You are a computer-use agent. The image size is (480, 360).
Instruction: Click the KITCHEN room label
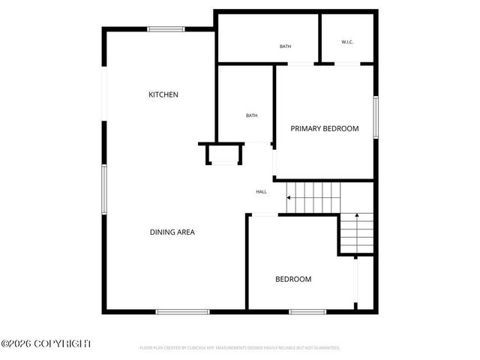[163, 94]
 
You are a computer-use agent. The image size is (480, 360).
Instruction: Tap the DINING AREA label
[172, 232]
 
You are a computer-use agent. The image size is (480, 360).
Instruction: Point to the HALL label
[261, 192]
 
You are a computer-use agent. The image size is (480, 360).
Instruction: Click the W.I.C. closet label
[347, 42]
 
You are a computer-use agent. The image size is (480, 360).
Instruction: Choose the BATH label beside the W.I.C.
[285, 46]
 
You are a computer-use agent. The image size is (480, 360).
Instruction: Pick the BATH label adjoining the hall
[252, 115]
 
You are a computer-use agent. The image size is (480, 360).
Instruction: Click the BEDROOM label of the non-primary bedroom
[293, 280]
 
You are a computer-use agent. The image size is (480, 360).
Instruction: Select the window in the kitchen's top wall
[166, 29]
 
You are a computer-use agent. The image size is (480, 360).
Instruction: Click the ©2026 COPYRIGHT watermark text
[46, 343]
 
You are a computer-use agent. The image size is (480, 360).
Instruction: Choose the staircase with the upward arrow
[356, 234]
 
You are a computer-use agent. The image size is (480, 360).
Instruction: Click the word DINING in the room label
[162, 232]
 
